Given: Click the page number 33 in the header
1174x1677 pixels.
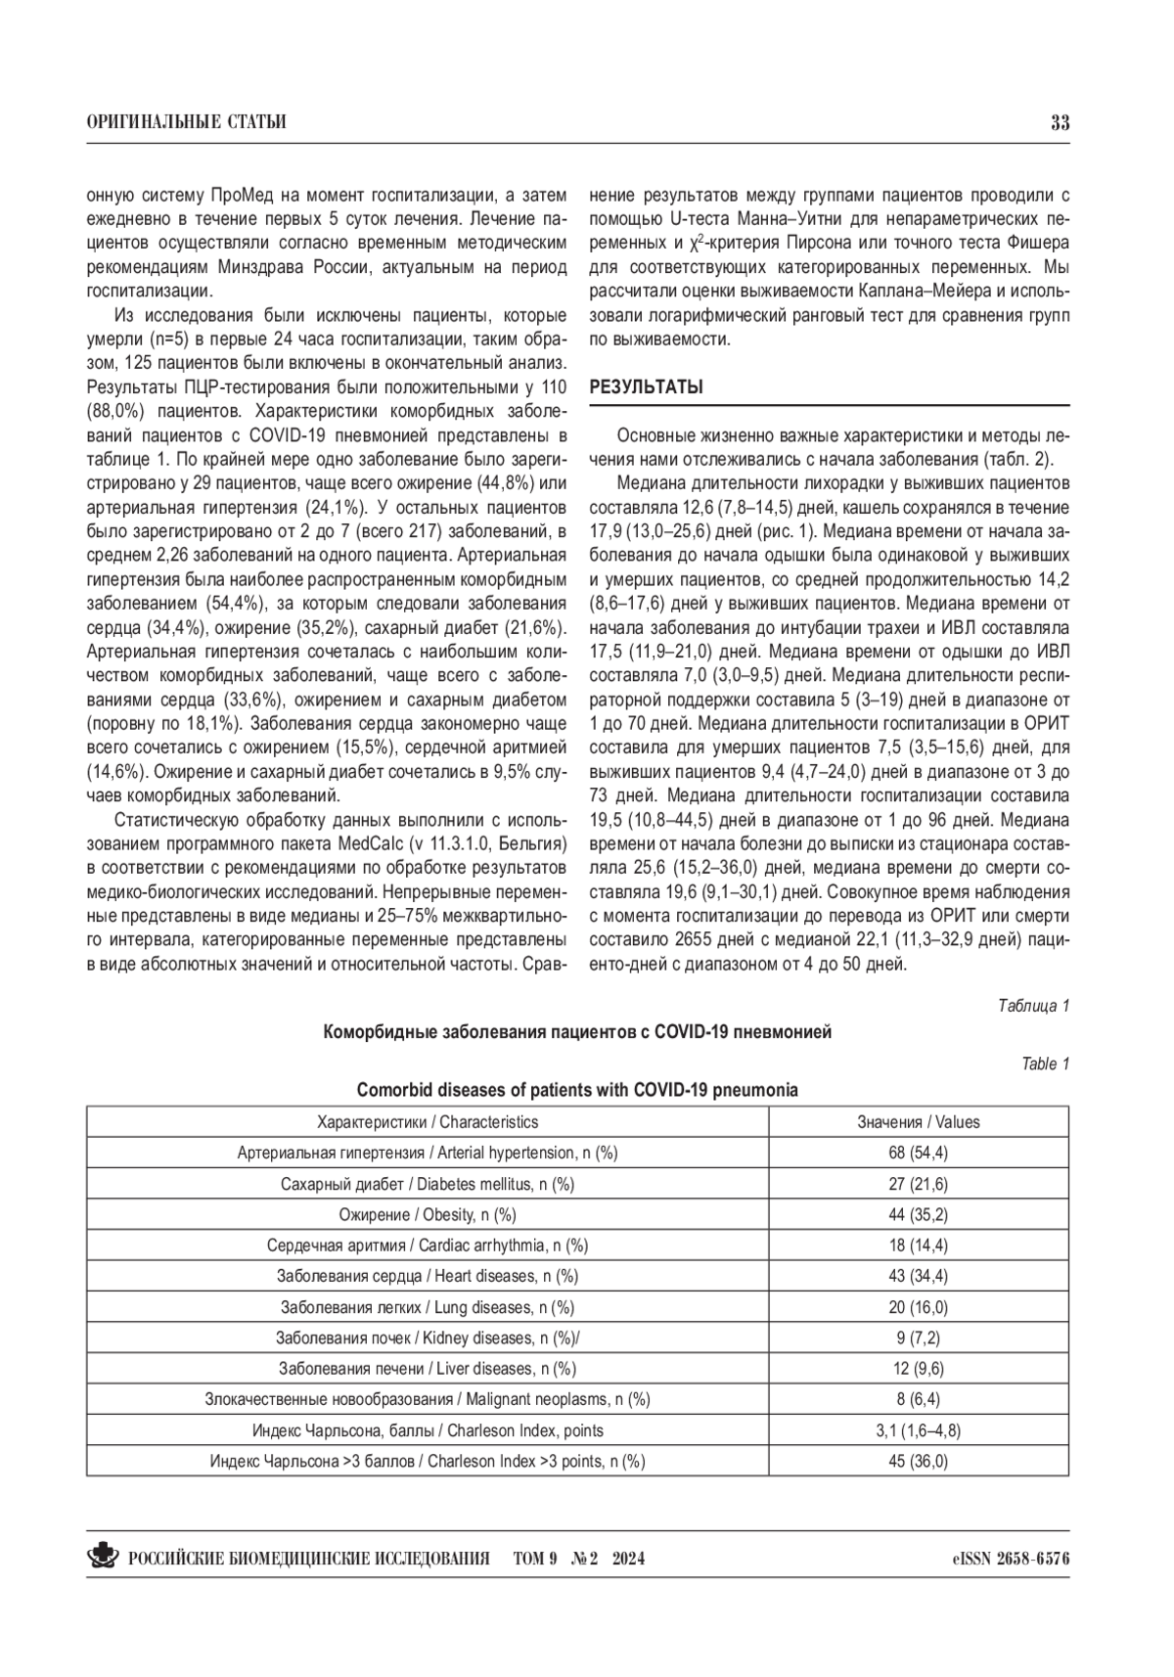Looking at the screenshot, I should coord(1060,123).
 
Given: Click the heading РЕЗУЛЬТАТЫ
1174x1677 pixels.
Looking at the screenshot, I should coord(646,387).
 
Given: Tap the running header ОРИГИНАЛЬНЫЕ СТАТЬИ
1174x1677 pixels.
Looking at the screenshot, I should coord(186,123).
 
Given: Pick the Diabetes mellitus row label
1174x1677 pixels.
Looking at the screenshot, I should coord(428,1184).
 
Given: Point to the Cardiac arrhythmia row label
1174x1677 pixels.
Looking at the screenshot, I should coord(428,1246).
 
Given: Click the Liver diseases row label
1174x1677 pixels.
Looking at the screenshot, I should coord(428,1368).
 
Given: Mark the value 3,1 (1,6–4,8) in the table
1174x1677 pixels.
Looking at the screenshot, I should coord(918,1430).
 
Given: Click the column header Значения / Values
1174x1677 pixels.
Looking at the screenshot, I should coord(918,1122).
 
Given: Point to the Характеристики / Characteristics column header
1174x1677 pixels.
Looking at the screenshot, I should coord(428,1122).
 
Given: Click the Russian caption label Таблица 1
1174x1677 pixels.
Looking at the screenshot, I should coord(1033,1005).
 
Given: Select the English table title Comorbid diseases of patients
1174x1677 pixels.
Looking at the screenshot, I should coord(577,1090).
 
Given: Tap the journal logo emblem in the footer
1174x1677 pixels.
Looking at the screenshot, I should coord(103,1557).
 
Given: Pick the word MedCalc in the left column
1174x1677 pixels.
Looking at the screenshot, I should coord(367,843).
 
